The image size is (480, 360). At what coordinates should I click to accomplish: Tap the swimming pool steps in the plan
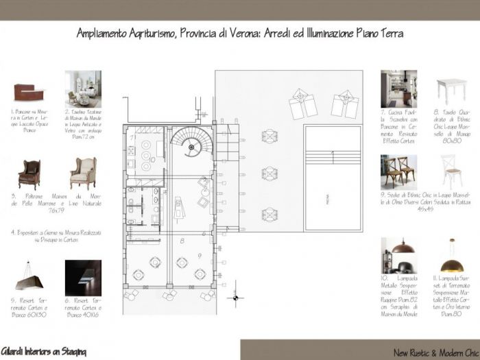click(332, 157)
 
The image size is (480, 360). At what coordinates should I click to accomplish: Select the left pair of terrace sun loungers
click(302, 104)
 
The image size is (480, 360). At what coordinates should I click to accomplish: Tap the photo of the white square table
click(451, 90)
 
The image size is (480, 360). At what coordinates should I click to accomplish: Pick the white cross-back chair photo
click(452, 171)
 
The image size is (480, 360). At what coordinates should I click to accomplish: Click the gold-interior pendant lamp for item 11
click(452, 257)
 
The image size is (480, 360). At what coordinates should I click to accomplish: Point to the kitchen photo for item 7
click(398, 89)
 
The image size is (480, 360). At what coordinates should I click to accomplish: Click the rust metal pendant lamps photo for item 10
click(398, 255)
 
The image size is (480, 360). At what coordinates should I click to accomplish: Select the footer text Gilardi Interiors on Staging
click(43, 351)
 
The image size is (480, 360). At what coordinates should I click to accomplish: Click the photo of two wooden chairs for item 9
click(398, 171)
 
